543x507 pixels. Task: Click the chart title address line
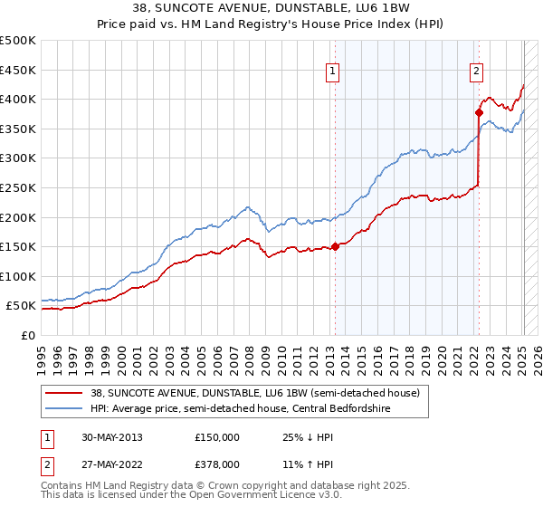click(271, 8)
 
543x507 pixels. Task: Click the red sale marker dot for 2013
click(335, 245)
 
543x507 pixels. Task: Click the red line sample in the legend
click(64, 394)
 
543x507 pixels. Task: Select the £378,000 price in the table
click(217, 464)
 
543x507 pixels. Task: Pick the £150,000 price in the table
click(217, 437)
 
